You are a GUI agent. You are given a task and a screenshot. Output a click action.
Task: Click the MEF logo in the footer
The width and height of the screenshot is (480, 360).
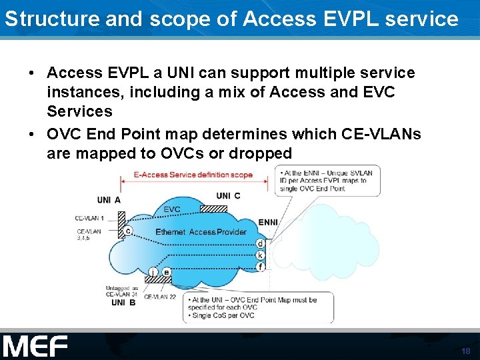(35, 347)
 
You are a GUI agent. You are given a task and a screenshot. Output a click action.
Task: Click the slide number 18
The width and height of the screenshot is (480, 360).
(465, 351)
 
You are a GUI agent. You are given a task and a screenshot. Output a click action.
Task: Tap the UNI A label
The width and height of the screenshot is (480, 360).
(108, 200)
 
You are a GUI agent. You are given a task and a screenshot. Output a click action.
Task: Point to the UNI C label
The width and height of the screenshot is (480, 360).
(228, 196)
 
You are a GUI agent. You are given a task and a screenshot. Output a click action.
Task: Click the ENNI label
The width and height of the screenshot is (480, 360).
(268, 222)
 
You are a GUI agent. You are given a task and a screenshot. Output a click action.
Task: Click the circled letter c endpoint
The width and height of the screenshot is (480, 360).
(127, 231)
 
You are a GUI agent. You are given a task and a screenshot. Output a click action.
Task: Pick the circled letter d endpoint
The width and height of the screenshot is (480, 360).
(260, 244)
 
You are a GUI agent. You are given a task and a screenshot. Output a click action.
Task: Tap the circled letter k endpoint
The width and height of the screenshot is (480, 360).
(260, 255)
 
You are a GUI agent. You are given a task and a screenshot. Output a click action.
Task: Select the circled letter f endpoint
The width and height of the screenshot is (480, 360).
(260, 267)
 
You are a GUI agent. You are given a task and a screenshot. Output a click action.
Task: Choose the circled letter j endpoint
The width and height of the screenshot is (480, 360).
(153, 272)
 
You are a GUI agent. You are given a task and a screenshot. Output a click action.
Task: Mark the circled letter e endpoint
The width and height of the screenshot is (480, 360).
(167, 271)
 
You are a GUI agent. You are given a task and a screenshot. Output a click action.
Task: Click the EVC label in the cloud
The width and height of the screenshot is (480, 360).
(171, 209)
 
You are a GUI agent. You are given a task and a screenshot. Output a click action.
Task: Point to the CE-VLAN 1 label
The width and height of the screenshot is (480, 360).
(89, 217)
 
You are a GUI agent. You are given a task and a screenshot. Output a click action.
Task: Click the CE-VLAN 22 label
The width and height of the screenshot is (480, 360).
(160, 297)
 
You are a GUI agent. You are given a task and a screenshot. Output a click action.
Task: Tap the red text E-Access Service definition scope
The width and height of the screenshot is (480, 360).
(193, 175)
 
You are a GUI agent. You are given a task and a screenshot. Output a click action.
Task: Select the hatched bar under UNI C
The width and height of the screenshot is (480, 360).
(214, 207)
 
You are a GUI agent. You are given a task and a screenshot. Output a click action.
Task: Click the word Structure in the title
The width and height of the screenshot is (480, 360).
(40, 19)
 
